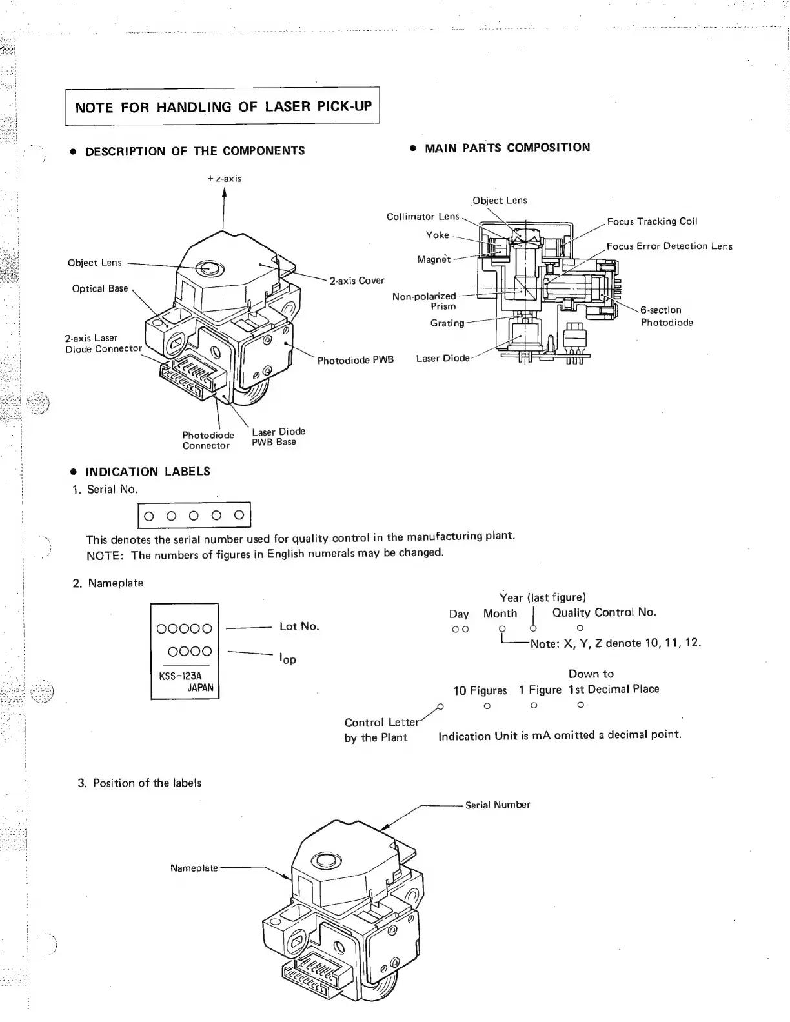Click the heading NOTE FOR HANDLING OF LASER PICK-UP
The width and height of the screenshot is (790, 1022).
point(223,106)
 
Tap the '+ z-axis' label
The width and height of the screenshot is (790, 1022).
point(224,178)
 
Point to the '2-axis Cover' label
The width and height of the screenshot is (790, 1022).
point(357,281)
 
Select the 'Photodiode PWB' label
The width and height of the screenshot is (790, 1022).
point(355,360)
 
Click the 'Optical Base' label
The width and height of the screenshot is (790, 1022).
point(100,288)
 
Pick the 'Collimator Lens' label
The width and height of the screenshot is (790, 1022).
point(423,217)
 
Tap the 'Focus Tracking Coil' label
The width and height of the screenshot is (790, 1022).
point(652,221)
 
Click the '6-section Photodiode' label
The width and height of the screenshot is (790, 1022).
point(666,316)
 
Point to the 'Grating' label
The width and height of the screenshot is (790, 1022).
point(447,323)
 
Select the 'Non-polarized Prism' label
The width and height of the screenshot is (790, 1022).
point(424,301)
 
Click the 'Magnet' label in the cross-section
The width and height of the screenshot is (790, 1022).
point(434,259)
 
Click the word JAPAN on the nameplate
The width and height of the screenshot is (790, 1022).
point(200,688)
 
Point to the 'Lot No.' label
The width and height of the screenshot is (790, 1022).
point(299,626)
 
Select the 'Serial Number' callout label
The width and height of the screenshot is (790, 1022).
point(498,805)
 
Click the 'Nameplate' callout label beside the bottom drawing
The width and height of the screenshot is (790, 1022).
point(194,868)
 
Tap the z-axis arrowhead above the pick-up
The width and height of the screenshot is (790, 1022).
point(224,192)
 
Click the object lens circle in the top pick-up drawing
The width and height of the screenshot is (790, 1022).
point(208,267)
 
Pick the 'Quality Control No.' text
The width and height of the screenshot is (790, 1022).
point(604,612)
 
